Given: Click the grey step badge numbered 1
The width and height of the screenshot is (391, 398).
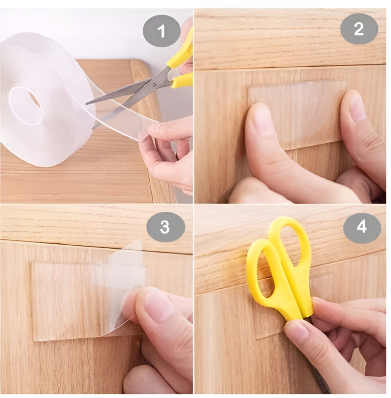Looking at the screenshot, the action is (x=162, y=31).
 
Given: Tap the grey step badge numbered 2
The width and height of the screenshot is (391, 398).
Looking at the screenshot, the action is (x=359, y=29).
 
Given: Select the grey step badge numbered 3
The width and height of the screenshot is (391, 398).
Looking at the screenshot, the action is (x=165, y=227).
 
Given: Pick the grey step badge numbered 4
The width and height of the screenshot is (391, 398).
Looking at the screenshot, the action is (x=362, y=227).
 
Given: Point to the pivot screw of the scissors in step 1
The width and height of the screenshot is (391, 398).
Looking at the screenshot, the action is (x=153, y=84).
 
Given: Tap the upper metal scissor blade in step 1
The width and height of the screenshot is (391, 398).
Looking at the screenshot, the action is (x=122, y=93).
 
